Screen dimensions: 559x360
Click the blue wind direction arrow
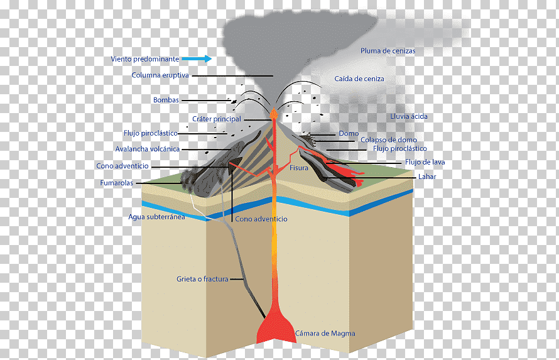click(x=197, y=59)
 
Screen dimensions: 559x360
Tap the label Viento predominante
click(x=144, y=59)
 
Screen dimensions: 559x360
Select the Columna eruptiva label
click(x=160, y=75)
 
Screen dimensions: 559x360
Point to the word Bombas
click(x=166, y=100)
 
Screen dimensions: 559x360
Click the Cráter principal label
click(x=217, y=119)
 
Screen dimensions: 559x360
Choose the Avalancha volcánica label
click(x=147, y=149)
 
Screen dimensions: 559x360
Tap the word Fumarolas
click(x=116, y=183)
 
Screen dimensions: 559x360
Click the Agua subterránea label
click(x=156, y=217)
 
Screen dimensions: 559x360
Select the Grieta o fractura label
click(x=202, y=279)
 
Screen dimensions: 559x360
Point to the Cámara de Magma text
click(x=325, y=334)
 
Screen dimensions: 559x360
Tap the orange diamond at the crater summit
click(x=274, y=113)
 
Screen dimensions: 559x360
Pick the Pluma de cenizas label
click(x=388, y=51)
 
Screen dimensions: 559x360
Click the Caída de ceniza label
click(x=359, y=79)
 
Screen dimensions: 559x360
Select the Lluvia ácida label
click(x=408, y=117)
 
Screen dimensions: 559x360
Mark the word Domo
click(x=349, y=133)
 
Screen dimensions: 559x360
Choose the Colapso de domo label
click(x=389, y=139)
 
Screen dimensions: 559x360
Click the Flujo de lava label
click(x=425, y=162)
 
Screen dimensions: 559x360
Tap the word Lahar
click(x=427, y=177)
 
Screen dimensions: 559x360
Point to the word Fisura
click(x=299, y=168)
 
